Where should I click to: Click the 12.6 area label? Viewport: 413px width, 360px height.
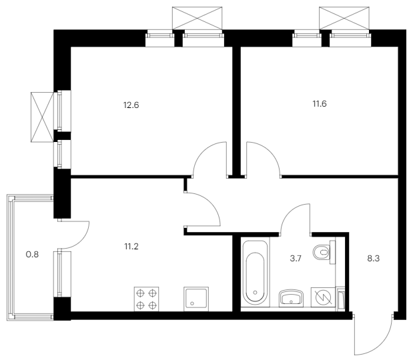(131, 105)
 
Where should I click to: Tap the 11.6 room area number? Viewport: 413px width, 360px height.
(320, 104)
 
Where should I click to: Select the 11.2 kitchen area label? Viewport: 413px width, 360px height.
(131, 247)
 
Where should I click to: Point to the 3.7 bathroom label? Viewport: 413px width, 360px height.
(296, 259)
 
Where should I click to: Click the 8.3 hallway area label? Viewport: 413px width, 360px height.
(374, 259)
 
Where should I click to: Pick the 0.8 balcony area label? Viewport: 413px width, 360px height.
(32, 255)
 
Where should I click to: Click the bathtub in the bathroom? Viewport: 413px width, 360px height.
(255, 273)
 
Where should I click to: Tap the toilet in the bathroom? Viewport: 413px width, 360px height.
(324, 252)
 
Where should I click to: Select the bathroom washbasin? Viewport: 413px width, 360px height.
(291, 298)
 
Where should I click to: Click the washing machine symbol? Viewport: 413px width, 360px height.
(323, 297)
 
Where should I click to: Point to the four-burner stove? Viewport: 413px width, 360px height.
(146, 299)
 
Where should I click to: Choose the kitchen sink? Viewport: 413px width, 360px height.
(196, 299)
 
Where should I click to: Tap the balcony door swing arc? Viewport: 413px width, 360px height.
(81, 241)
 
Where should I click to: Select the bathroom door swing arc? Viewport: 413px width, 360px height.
(289, 212)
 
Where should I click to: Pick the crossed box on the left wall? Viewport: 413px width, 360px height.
(42, 117)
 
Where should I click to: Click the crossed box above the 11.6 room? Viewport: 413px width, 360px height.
(344, 18)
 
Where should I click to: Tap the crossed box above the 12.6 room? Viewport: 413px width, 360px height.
(197, 18)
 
